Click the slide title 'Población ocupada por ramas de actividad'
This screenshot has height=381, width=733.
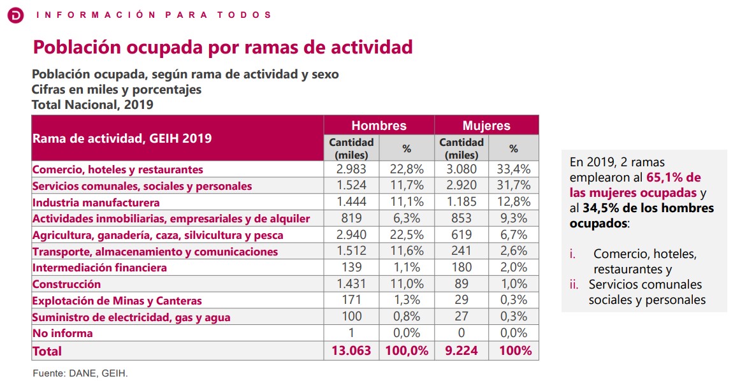(x=222, y=47)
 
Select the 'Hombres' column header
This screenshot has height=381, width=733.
(x=379, y=126)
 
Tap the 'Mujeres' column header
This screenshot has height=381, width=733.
(x=486, y=126)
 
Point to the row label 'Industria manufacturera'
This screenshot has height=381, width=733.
(x=96, y=203)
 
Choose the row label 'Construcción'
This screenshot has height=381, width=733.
(x=66, y=284)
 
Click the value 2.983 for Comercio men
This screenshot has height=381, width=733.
(x=352, y=169)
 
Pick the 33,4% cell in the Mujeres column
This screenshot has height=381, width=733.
(x=514, y=169)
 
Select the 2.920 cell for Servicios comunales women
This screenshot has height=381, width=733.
(x=461, y=186)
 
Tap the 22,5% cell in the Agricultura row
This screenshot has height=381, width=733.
(x=407, y=235)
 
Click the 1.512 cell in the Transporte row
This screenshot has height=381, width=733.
(x=352, y=252)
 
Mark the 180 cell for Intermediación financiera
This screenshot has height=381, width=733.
(x=461, y=268)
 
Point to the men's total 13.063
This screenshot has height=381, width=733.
(x=352, y=350)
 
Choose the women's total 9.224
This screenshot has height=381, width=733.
(x=461, y=350)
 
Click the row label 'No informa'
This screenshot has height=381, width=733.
(x=62, y=333)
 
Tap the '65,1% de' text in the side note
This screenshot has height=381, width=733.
(x=674, y=178)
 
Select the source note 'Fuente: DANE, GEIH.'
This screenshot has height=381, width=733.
(x=80, y=373)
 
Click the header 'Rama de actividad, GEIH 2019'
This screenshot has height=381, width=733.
(x=122, y=138)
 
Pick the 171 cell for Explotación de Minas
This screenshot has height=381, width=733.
(x=352, y=300)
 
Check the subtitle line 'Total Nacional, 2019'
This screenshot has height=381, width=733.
(x=92, y=104)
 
